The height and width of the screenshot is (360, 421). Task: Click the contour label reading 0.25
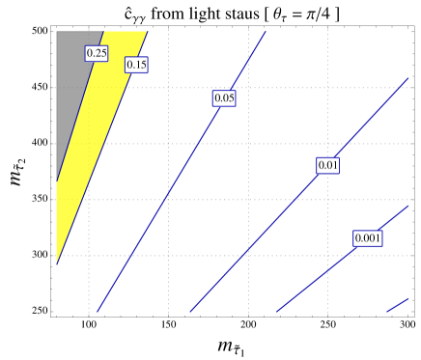click(97, 53)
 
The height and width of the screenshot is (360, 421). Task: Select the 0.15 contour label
click(136, 65)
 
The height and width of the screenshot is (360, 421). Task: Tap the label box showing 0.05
click(224, 98)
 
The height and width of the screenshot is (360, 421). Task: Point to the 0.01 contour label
click(328, 165)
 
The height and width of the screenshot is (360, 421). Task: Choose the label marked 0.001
click(368, 238)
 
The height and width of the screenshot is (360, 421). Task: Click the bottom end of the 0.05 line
click(98, 312)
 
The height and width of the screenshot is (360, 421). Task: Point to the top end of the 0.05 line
click(265, 32)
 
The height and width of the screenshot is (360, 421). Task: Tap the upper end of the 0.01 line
click(408, 79)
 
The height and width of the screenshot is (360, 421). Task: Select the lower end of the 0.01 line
click(190, 312)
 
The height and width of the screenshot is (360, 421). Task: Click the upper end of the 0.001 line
click(408, 205)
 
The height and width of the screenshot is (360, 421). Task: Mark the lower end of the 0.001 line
click(278, 312)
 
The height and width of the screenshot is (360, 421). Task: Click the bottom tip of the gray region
click(56, 180)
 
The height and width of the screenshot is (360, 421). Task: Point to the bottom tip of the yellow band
click(56, 263)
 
